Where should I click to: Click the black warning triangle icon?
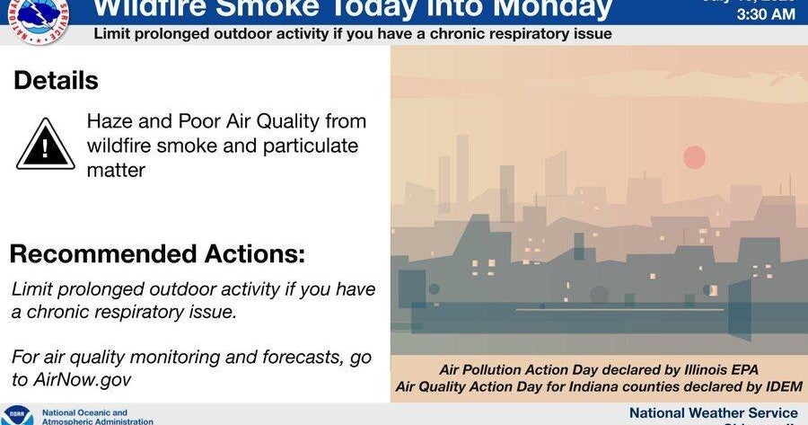[x=46, y=143]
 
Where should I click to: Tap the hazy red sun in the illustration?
[x=694, y=158]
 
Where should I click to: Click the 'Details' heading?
[x=56, y=80]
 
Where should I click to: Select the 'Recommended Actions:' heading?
[x=157, y=254]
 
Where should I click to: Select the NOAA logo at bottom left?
[x=17, y=416]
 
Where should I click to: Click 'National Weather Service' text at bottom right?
[x=713, y=412]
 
